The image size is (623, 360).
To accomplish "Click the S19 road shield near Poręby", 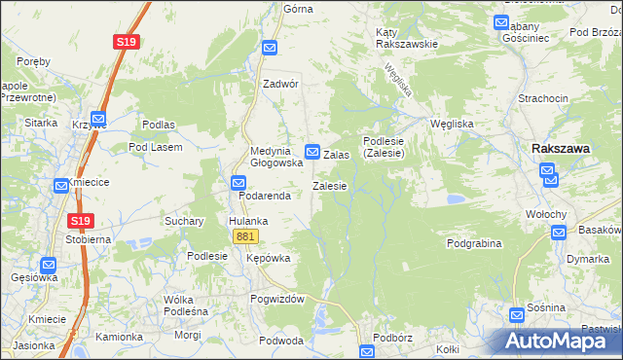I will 126,42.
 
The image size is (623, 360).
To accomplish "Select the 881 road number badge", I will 245,236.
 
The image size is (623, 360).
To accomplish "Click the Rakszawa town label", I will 562,148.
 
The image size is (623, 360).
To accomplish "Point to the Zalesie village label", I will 330,186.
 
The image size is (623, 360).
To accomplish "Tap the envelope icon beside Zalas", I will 313,152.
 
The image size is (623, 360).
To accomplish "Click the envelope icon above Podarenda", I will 238,182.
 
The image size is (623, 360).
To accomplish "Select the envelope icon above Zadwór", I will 271,47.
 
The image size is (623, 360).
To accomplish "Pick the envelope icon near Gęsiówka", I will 49,264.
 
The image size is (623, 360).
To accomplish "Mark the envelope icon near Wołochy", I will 559,232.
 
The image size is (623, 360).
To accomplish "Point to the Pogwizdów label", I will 277,299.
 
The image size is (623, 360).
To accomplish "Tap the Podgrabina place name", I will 474,243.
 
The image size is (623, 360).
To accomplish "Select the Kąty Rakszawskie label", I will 407,38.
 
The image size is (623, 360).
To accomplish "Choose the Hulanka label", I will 248,221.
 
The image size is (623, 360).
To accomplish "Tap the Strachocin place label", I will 543,99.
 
